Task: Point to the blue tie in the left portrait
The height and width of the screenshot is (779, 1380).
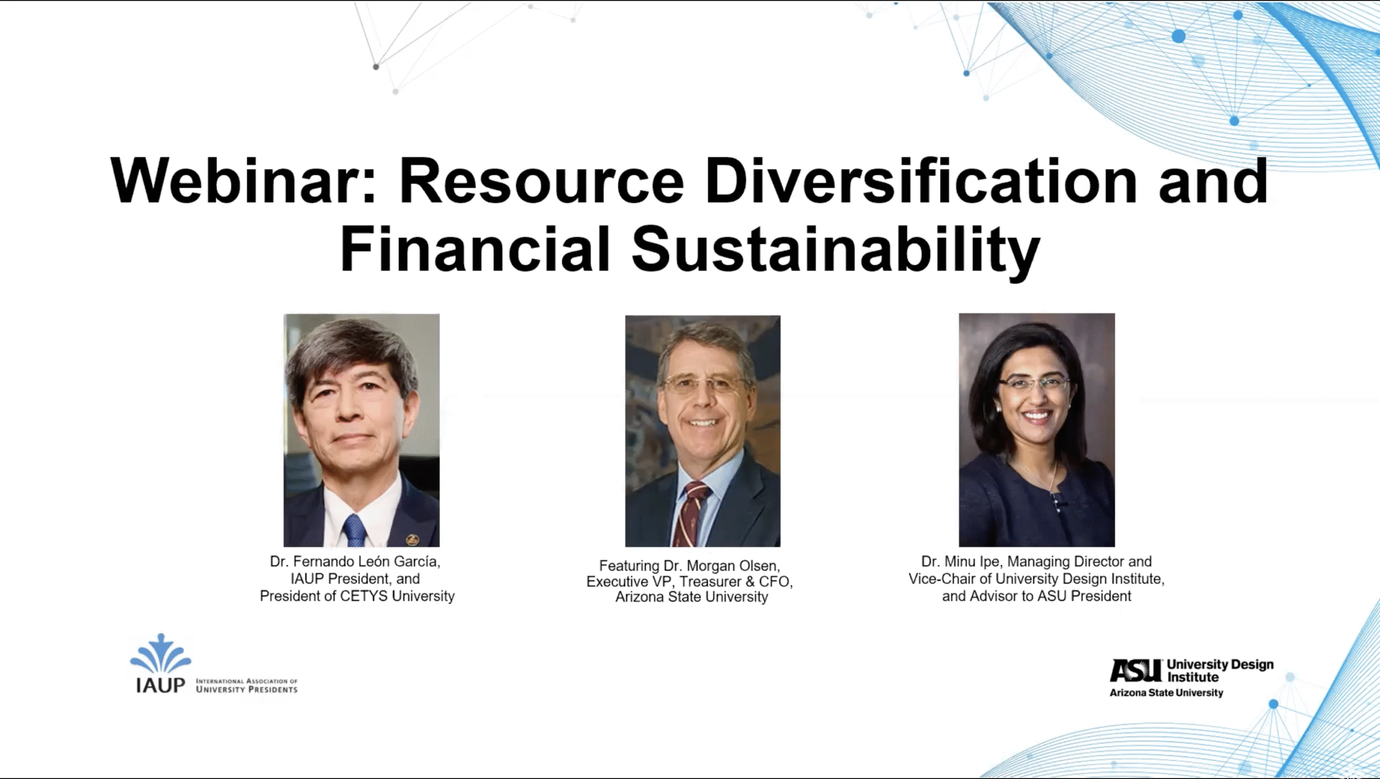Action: coord(355,530)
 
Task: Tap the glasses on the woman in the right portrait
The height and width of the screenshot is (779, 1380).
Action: coord(1034,384)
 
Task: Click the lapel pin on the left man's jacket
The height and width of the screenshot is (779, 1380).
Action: coord(412,539)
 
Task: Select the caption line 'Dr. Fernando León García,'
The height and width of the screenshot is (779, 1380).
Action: coord(355,562)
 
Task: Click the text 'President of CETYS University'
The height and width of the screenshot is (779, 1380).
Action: coord(357,596)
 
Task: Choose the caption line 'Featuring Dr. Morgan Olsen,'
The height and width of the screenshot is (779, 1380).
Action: coord(689,566)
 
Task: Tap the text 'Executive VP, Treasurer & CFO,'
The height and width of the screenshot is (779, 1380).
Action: coord(689,582)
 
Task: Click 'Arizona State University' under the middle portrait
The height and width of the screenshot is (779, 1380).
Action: coord(692,597)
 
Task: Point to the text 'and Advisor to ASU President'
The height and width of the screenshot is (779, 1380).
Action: coord(1037,596)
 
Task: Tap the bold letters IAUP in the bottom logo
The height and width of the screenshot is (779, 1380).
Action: coord(161,685)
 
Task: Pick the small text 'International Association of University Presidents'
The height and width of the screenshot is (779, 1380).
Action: coord(247,685)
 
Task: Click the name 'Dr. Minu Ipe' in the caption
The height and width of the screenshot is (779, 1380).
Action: coord(960,562)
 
